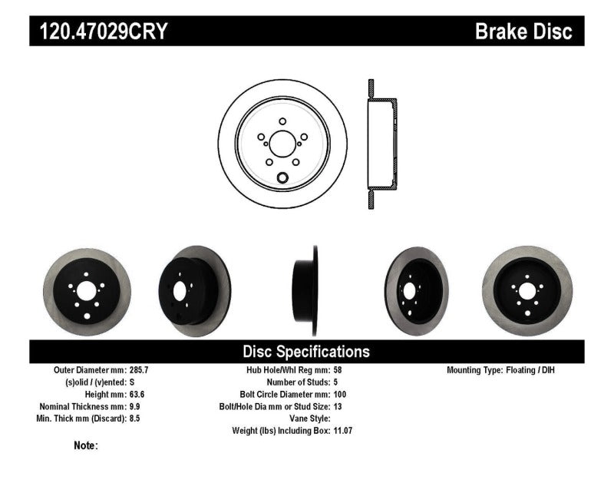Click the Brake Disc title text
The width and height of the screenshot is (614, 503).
523,31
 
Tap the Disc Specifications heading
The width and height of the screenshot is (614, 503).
306,352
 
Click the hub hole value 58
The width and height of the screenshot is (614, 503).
338,370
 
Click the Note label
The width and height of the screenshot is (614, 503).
86,445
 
